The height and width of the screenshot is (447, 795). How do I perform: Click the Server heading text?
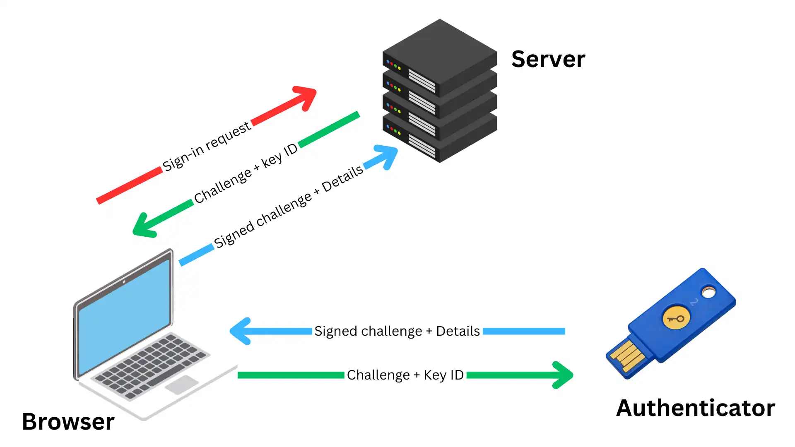pos(548,59)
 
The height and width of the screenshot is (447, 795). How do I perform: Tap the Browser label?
pos(68,422)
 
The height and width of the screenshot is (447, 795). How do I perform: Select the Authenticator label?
pos(695,408)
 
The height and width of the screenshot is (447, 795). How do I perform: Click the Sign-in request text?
pos(206,147)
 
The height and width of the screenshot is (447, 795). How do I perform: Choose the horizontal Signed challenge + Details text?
pos(397,331)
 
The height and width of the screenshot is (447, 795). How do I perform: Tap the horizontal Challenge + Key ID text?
pos(405,375)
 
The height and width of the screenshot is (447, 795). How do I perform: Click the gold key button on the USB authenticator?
pos(676,318)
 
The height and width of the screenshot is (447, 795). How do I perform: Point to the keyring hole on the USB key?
pos(708,293)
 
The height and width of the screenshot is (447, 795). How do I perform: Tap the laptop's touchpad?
pos(182,385)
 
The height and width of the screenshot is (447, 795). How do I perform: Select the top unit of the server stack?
pos(440,58)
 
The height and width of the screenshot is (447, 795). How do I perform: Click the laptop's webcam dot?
pos(124,282)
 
